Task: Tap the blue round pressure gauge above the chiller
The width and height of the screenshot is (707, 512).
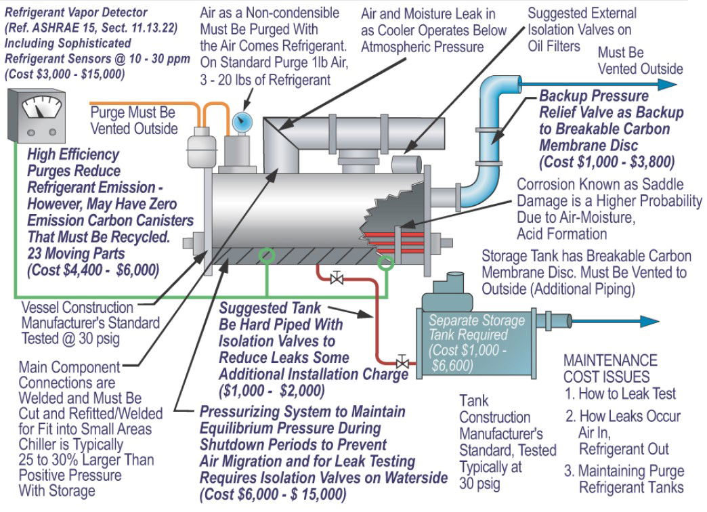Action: point(240,122)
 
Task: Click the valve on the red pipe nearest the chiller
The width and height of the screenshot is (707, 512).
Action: point(335,277)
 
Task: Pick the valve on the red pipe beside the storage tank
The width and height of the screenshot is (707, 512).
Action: point(402,363)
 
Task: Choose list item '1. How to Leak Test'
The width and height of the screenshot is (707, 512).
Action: point(620,393)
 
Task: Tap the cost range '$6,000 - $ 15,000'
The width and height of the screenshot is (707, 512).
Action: point(284,494)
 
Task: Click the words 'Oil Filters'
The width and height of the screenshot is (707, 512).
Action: point(555,45)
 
